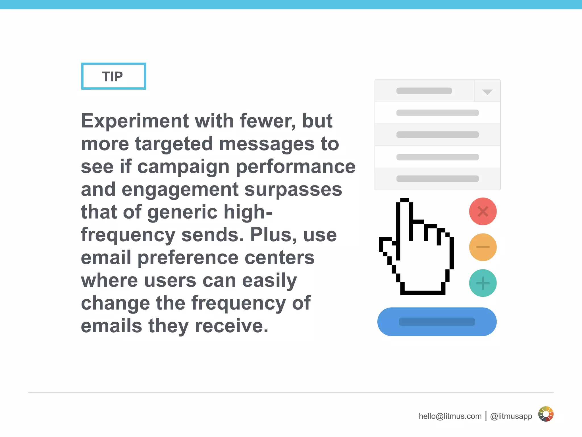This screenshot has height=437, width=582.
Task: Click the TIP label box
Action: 113,76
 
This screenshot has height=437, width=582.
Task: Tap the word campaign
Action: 183,167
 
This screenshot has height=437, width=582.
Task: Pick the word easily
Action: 269,281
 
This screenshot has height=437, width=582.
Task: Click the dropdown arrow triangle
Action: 487,92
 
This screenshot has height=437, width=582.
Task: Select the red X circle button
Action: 483,211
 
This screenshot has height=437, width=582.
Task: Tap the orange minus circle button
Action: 483,247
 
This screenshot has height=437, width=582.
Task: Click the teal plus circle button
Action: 483,283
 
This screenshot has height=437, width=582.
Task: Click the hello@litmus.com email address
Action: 450,416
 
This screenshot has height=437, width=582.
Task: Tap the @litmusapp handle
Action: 511,416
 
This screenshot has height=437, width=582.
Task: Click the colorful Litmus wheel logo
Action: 546,414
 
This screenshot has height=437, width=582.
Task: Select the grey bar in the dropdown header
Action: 424,91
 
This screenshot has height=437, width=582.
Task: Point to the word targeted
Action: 174,144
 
